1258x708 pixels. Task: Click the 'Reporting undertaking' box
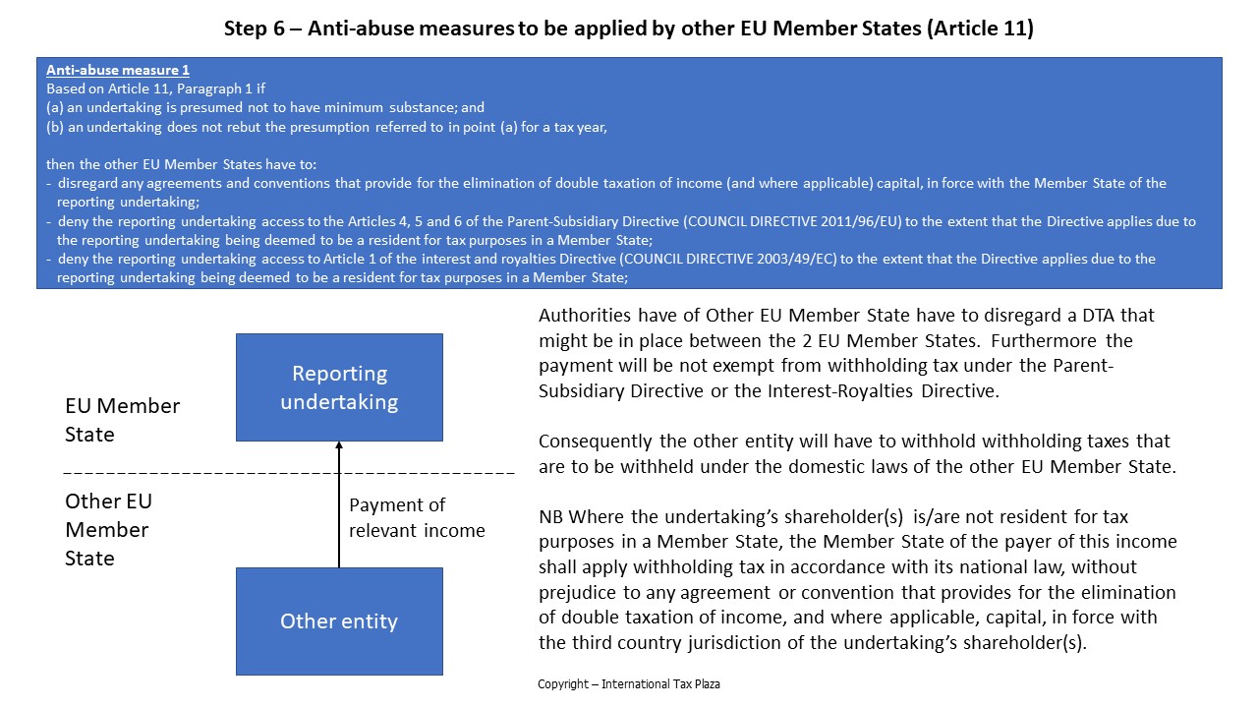pyautogui.click(x=339, y=387)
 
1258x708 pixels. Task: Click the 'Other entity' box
pyautogui.click(x=339, y=620)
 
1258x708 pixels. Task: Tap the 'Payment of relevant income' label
pyautogui.click(x=417, y=517)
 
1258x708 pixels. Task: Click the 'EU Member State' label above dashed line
pyautogui.click(x=122, y=420)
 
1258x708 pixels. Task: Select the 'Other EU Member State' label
pyautogui.click(x=108, y=529)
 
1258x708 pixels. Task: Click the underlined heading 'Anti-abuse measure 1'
pyautogui.click(x=118, y=71)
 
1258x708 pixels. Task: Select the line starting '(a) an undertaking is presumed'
pyautogui.click(x=265, y=107)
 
